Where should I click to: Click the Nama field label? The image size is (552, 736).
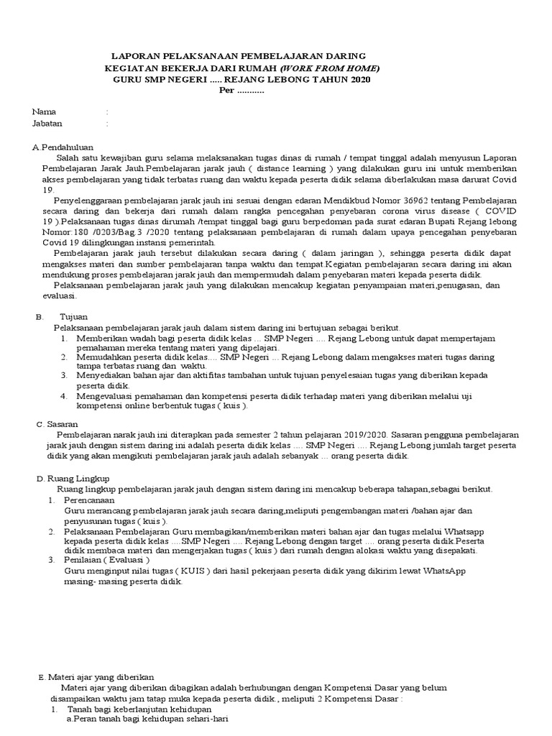click(x=44, y=112)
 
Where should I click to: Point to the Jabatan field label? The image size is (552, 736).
click(x=47, y=124)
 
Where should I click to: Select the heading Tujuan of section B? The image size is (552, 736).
click(x=74, y=316)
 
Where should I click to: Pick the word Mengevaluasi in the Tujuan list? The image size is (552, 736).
click(x=105, y=396)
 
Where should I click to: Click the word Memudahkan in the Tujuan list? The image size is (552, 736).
click(x=102, y=356)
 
